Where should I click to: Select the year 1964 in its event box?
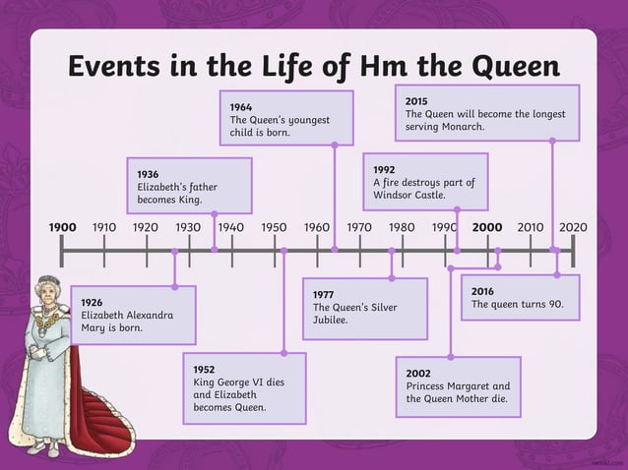click(x=241, y=106)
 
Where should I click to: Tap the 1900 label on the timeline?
click(x=62, y=227)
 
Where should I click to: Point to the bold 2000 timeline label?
click(x=487, y=227)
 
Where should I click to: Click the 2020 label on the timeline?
click(x=572, y=227)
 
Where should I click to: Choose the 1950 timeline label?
click(x=274, y=227)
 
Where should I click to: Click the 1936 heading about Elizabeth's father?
click(x=148, y=174)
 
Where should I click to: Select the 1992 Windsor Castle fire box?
click(x=424, y=182)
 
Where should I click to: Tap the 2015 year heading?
click(x=416, y=100)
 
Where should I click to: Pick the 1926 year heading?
click(x=92, y=302)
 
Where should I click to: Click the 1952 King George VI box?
click(x=243, y=387)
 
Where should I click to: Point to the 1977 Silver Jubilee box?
click(x=364, y=308)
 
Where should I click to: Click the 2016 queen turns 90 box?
click(x=519, y=297)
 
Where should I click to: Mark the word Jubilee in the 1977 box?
click(x=331, y=321)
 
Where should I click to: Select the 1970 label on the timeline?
click(x=359, y=227)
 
